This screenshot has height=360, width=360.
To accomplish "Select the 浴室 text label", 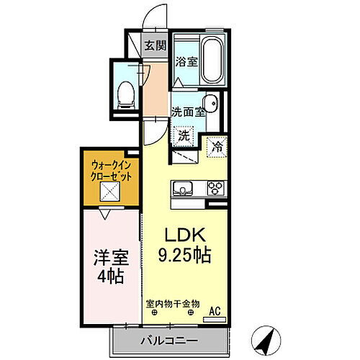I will coord(186,62).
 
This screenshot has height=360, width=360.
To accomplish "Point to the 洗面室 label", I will coord(189,112).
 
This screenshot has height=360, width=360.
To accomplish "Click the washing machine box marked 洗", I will coord(184,135).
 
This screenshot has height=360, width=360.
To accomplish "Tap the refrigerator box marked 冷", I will coord(217,147).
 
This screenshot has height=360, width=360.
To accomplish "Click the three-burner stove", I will coord(215,189).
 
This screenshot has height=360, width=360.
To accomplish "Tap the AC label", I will coord(214,311).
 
